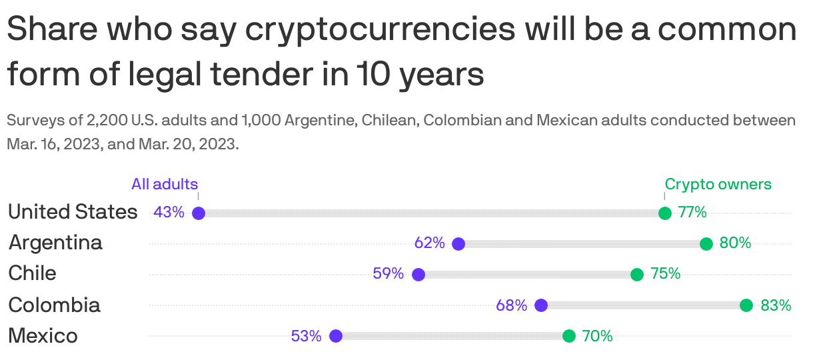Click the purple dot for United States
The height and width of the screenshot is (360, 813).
(198, 213)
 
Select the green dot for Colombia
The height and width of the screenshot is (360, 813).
(746, 305)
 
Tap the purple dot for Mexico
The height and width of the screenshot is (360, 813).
(336, 336)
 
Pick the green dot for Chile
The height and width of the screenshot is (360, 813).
(637, 275)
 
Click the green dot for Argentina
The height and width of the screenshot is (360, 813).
(706, 244)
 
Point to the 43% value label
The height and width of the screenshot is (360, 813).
(169, 213)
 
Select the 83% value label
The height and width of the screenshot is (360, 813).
(776, 305)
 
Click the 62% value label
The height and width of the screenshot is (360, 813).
(429, 243)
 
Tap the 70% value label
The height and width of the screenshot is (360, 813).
(597, 336)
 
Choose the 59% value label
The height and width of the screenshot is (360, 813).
(389, 274)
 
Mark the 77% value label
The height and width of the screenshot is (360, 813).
(692, 213)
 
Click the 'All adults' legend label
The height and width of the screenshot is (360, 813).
(165, 185)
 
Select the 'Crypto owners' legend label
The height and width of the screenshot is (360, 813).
(718, 185)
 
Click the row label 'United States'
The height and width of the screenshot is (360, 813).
(73, 212)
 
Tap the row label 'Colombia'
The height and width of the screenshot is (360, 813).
(54, 305)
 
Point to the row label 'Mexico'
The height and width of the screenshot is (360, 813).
(43, 335)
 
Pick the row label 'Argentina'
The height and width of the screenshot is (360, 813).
(55, 243)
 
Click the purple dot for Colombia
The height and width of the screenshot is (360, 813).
(541, 305)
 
